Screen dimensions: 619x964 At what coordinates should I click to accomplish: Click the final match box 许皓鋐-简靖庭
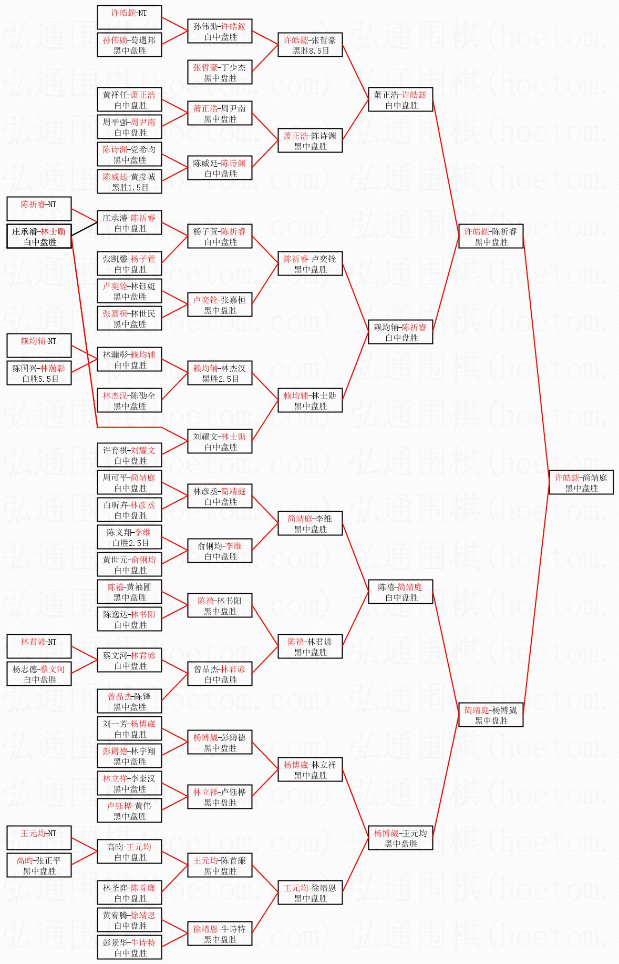581,483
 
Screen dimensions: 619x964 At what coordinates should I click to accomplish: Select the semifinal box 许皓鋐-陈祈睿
491,237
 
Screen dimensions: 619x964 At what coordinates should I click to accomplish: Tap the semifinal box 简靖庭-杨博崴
491,715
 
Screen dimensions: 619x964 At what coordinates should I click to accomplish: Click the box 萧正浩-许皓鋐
400,100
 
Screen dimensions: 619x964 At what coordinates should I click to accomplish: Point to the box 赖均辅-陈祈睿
400,332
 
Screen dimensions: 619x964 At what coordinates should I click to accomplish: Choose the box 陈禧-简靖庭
400,592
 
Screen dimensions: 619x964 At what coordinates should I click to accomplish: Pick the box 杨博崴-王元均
400,838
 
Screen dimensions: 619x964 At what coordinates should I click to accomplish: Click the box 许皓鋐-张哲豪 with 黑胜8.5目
310,45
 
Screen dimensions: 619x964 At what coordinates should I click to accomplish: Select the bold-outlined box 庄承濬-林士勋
39,237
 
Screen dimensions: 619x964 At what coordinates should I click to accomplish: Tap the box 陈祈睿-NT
39,209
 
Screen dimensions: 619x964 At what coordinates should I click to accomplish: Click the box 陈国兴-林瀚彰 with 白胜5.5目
39,373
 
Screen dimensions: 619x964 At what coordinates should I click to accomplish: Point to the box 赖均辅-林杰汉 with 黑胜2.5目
220,373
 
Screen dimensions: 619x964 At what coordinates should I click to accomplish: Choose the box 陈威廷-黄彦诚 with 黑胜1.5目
129,182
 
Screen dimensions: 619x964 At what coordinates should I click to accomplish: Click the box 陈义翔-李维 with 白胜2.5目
129,537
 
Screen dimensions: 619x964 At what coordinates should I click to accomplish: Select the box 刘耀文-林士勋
220,442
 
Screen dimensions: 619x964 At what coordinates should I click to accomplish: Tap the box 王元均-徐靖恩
310,893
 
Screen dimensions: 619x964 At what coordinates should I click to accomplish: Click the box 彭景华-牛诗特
129,948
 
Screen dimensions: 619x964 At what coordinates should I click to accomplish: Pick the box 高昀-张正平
39,866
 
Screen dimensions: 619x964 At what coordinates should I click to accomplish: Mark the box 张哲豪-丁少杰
220,73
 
